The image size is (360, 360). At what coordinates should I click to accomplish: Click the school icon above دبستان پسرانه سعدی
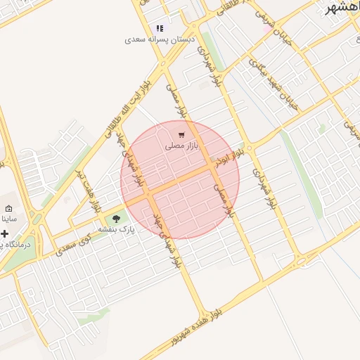(x=160, y=29)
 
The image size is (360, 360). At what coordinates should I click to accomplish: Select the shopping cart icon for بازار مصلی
(x=182, y=135)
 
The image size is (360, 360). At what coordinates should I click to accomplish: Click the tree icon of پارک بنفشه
(x=116, y=219)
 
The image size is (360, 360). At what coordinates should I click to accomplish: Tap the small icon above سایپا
(x=8, y=209)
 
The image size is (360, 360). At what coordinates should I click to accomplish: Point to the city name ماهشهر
(x=344, y=8)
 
